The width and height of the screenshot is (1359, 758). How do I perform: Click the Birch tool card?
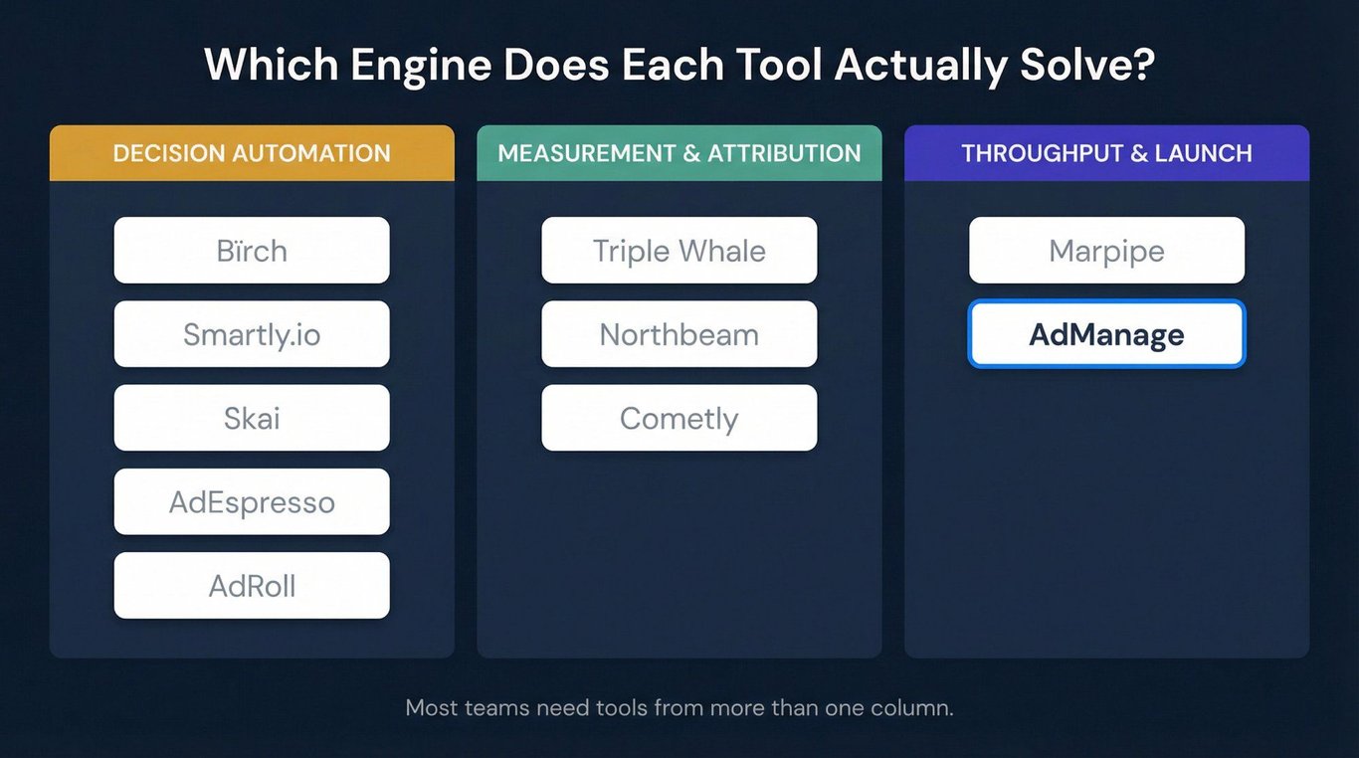[252, 250]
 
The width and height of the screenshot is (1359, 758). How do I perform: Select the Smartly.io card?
[252, 334]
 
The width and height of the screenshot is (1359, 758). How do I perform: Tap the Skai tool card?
[252, 418]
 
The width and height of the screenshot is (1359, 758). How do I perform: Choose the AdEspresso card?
[252, 501]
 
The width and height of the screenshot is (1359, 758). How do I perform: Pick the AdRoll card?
[252, 586]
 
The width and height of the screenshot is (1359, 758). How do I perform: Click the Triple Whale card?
[679, 250]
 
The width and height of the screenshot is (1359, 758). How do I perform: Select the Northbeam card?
[679, 334]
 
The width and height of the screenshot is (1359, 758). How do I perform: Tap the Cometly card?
[679, 418]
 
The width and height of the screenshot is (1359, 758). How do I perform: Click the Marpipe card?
[1106, 250]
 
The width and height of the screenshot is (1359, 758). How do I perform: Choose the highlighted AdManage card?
[1106, 334]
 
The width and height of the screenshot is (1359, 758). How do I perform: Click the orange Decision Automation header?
[252, 153]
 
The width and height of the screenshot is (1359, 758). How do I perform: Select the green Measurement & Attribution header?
[679, 153]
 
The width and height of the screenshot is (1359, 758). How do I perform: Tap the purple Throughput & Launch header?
[1106, 153]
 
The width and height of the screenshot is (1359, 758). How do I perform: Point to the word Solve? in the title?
[1087, 65]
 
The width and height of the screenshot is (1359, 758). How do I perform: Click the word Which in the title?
[272, 65]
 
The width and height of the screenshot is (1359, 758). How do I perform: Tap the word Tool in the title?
[779, 65]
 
